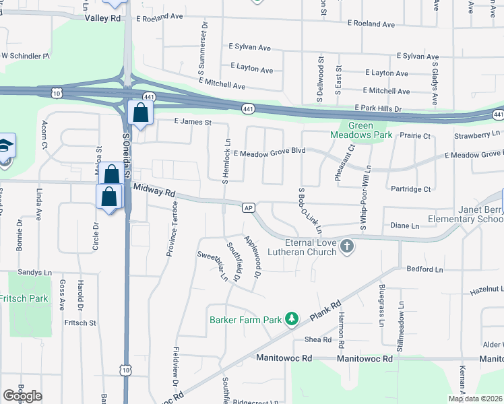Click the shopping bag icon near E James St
[x=140, y=112]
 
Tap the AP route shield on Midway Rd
[x=249, y=207]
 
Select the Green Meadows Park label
[x=360, y=129]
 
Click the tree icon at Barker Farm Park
[x=292, y=318]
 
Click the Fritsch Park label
[x=24, y=298]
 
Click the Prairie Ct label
[x=414, y=136]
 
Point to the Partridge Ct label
[x=410, y=189]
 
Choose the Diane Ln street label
[x=405, y=226]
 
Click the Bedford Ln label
[x=424, y=269]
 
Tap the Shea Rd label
[x=318, y=339]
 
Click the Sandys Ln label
[x=35, y=273]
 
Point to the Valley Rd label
[x=102, y=18]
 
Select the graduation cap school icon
[x=5, y=145]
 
